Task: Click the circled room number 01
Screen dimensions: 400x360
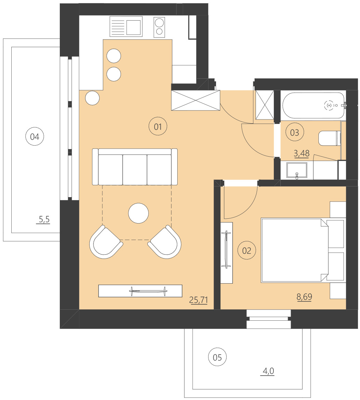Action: coord(158,127)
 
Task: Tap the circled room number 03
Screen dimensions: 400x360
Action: coord(295,133)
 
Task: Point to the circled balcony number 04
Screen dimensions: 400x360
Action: coord(35,137)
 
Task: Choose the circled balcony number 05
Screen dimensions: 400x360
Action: coord(217,357)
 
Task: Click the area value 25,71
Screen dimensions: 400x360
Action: coord(199,300)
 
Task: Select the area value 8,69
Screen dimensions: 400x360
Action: coord(304,297)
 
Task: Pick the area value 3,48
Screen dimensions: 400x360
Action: coord(302,153)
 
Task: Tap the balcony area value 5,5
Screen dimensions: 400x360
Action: coord(44,220)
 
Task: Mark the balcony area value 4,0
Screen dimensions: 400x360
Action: coord(268,371)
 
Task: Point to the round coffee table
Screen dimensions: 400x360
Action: coord(138,213)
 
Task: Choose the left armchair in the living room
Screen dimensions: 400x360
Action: coord(105,242)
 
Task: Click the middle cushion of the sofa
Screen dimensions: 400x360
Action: coord(135,170)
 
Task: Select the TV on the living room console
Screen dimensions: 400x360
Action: coord(148,291)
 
